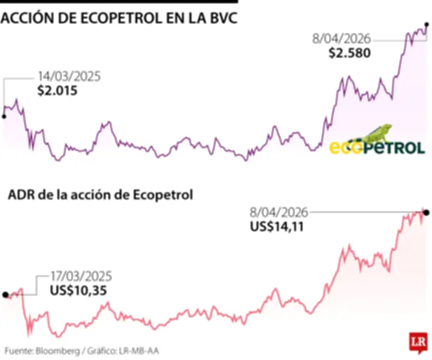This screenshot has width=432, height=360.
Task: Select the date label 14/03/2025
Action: tap(69, 77)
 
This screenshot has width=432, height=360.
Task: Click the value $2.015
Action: tap(57, 90)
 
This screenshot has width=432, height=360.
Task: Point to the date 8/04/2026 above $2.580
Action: tap(341, 39)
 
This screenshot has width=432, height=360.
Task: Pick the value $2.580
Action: tap(349, 54)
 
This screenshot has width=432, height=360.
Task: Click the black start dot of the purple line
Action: tap(4, 116)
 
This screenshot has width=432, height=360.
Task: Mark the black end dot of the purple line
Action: tap(427, 24)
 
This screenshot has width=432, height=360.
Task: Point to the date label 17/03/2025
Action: tap(81, 277)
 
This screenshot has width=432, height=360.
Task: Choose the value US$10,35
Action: tap(78, 291)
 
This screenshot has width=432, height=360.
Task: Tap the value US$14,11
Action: tap(277, 227)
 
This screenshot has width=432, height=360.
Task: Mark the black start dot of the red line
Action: tap(5, 295)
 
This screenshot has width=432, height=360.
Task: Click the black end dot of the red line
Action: tap(427, 212)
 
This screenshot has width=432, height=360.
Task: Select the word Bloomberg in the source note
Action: tap(58, 350)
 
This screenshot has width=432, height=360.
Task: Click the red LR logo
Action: tap(416, 342)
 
